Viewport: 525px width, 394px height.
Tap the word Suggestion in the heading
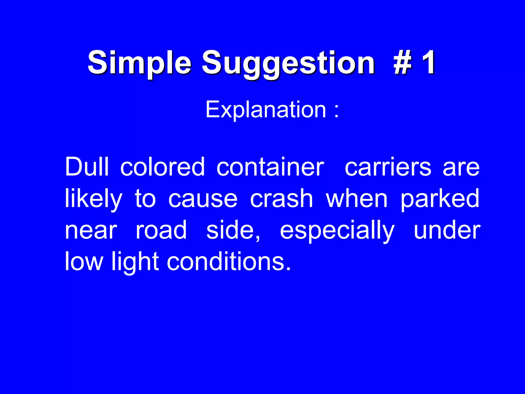click(288, 63)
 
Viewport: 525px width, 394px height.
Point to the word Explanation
click(266, 110)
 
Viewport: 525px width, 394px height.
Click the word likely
click(94, 199)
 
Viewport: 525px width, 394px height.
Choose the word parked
click(440, 199)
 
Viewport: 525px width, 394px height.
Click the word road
click(161, 230)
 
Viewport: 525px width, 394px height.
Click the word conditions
click(226, 262)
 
